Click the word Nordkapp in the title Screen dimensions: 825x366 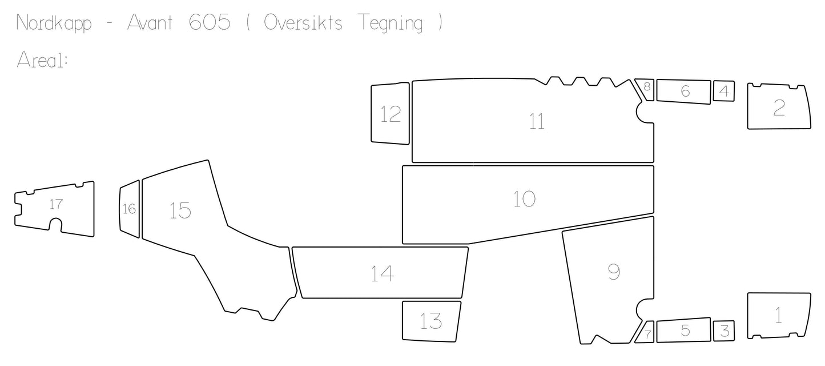click(54, 23)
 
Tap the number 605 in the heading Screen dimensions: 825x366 click(210, 22)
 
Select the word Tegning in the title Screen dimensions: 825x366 click(391, 23)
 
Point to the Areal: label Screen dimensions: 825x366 click(42, 60)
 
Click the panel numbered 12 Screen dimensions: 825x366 click(390, 113)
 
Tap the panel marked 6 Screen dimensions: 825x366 click(683, 91)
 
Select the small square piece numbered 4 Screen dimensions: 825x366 click(724, 91)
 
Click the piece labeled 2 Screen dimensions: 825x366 click(779, 106)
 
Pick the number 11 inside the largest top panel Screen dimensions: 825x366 click(537, 121)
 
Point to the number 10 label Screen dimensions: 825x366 click(525, 199)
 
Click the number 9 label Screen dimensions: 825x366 click(614, 272)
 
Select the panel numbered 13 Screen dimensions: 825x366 click(431, 321)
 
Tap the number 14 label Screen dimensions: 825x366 click(383, 274)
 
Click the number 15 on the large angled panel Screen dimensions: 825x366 click(180, 210)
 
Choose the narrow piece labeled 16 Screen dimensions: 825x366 click(130, 209)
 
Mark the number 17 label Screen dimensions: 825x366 click(56, 204)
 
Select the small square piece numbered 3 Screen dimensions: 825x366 click(724, 331)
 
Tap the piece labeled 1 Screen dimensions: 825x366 click(779, 316)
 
